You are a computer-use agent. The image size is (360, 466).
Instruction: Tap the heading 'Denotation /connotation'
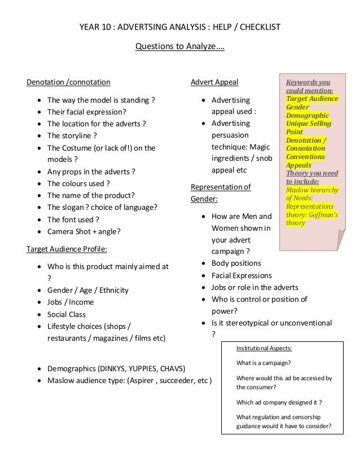pyautogui.click(x=69, y=83)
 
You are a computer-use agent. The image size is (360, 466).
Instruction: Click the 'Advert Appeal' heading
pyautogui.click(x=214, y=83)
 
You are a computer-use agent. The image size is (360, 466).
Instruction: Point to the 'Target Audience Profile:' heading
pyautogui.click(x=67, y=248)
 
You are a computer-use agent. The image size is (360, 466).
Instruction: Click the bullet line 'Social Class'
pyautogui.click(x=67, y=314)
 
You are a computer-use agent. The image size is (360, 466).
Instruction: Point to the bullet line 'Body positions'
pyautogui.click(x=236, y=263)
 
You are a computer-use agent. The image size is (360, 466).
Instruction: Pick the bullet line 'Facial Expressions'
pyautogui.click(x=241, y=275)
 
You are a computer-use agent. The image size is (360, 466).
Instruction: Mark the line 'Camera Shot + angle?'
pyautogui.click(x=84, y=231)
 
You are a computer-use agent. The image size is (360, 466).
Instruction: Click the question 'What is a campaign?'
pyautogui.click(x=268, y=363)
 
